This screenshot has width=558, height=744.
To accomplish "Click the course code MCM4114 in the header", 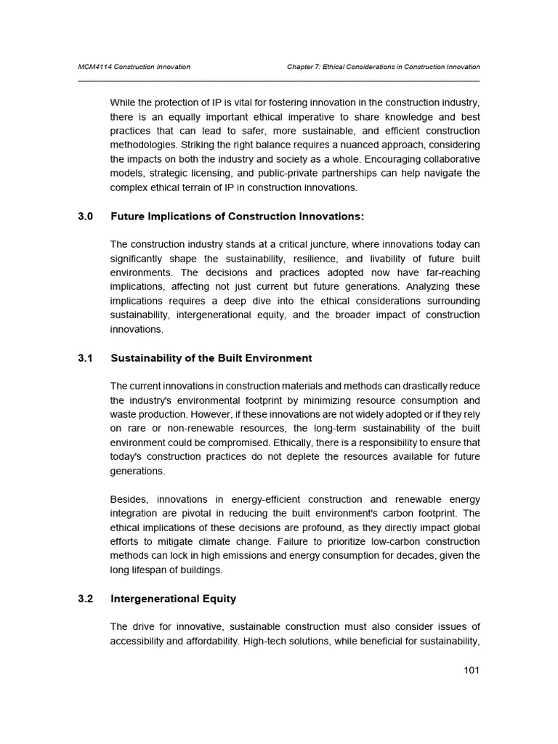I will [94, 67].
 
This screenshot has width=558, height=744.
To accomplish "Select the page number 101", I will [472, 670].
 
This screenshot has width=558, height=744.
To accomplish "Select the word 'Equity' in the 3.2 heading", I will [219, 599].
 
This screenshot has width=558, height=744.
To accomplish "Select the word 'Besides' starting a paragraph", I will [127, 499].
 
